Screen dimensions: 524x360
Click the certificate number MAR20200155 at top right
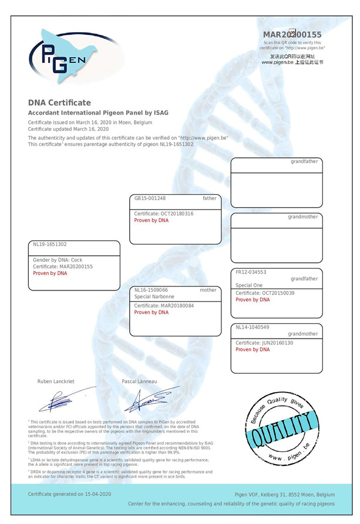[x=292, y=35]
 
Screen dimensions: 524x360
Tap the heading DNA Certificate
[x=59, y=103]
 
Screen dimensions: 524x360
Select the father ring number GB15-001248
[x=150, y=198]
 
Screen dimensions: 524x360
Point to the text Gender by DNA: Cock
[x=53, y=260]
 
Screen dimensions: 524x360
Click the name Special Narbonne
[x=156, y=297]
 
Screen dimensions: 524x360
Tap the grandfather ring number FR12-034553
[x=251, y=272]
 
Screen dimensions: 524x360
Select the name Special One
[x=249, y=285]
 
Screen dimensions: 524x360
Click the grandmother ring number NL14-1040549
[x=253, y=327]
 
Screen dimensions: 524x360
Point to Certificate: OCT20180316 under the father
[x=164, y=214]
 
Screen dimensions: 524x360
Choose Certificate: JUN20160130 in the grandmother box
[x=265, y=343]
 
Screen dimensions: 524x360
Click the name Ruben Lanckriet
[x=56, y=381]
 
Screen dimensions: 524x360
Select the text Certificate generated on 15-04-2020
[x=70, y=494]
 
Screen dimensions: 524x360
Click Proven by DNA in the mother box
[x=151, y=313]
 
